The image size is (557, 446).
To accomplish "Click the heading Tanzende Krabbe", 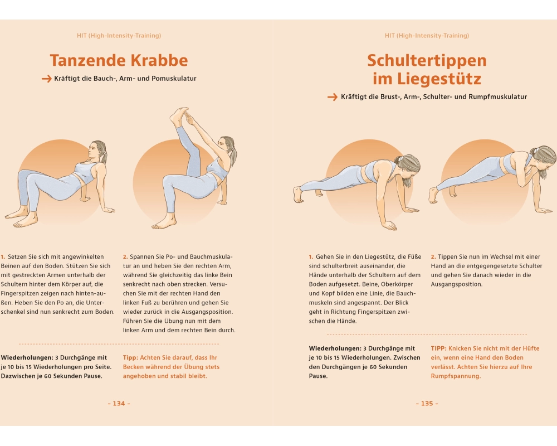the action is (119, 60).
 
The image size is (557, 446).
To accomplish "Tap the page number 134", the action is (119, 403).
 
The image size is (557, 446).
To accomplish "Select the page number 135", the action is (427, 403).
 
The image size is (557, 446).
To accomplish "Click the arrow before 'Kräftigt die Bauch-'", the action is (47, 79).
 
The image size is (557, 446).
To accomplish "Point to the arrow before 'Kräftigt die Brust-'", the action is (333, 97).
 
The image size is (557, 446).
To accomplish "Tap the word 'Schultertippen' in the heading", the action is (427, 60).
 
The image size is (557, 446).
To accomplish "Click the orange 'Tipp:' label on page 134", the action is (130, 358).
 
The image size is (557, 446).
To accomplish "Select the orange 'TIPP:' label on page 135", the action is (439, 348).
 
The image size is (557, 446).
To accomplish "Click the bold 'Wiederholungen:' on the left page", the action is (27, 358).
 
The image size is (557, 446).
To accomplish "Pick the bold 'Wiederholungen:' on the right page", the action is (335, 348).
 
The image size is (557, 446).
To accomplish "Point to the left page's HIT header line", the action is (119, 36).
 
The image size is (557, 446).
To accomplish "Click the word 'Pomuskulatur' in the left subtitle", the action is (174, 79).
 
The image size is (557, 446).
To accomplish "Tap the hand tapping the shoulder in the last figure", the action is (524, 176).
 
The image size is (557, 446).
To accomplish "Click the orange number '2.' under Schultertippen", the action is (433, 257).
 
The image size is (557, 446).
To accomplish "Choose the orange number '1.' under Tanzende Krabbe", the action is (3, 257).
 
